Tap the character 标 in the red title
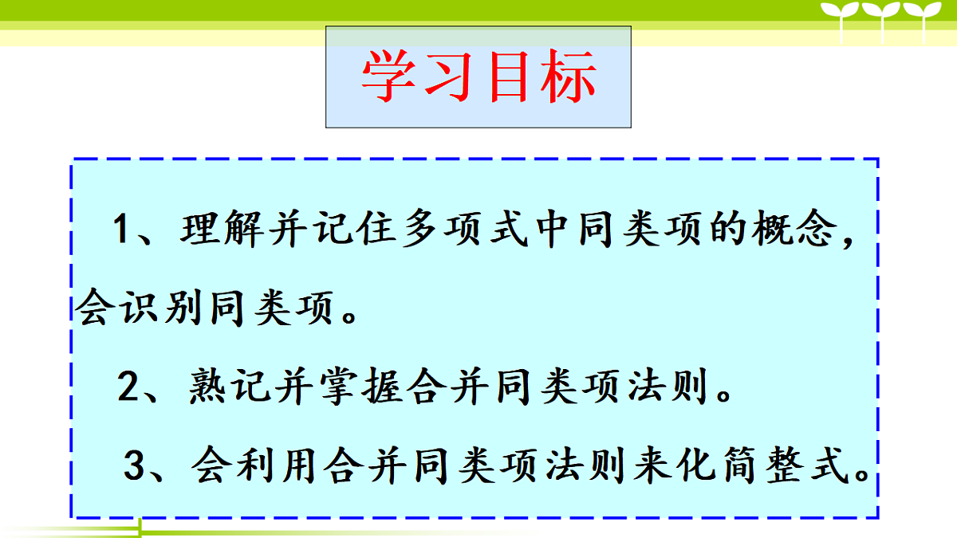click(567, 77)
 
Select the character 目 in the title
click(509, 77)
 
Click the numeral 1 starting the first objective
click(121, 230)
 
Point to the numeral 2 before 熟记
click(128, 389)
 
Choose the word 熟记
click(230, 389)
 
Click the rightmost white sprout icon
click(925, 18)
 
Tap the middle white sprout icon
click(883, 18)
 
